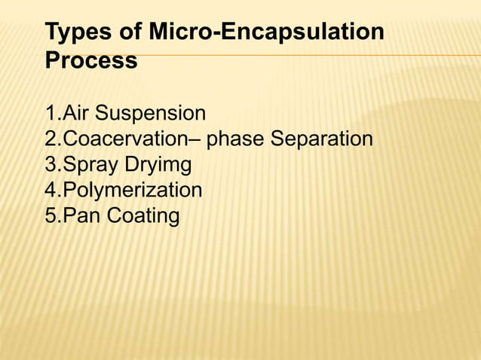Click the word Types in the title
77,34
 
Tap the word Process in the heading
91,60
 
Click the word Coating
143,216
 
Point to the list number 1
51,114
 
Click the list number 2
51,139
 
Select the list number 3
51,165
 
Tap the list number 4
51,191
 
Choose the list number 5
51,216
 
